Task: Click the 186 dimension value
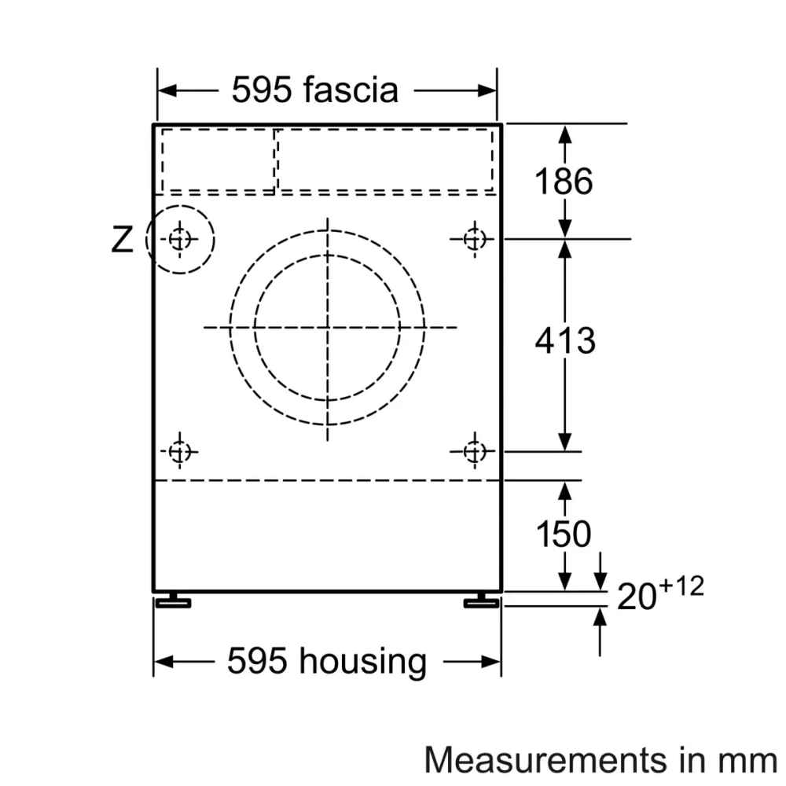coord(564,182)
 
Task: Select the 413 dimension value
coord(564,341)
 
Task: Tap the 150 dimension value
coord(564,534)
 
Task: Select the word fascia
coord(351,90)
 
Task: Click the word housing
coord(362,661)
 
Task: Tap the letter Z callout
coord(122,241)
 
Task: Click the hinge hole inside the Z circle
coord(180,239)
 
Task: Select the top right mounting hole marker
coord(473,238)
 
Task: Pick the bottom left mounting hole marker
coord(180,451)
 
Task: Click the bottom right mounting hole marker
coord(473,451)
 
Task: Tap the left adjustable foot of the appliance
coord(173,602)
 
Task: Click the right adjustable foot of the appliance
coord(479,602)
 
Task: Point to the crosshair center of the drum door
coord(327,326)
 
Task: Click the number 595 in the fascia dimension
coord(263,90)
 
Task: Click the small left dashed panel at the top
coord(218,160)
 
